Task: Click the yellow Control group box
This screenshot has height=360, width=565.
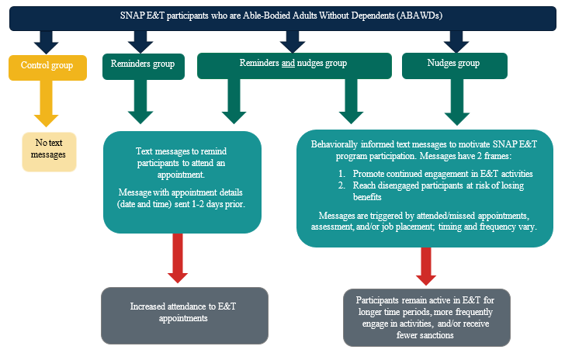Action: pyautogui.click(x=47, y=66)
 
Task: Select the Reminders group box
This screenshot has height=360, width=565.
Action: pyautogui.click(x=144, y=66)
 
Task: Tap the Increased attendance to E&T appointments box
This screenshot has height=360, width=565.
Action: pyautogui.click(x=184, y=312)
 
